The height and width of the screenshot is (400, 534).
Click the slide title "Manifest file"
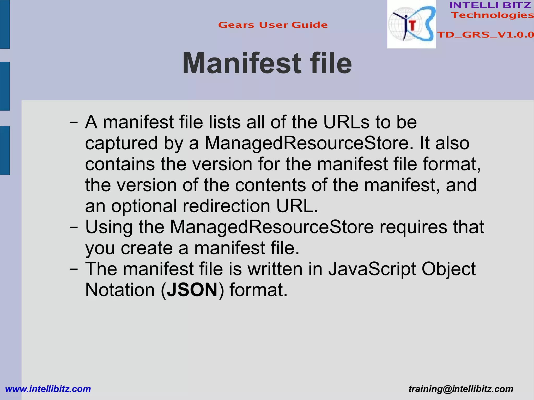[x=267, y=63]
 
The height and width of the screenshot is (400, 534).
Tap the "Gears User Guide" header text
[x=273, y=25]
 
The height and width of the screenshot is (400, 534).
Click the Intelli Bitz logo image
[x=411, y=24]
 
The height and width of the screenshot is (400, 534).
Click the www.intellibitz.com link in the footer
[x=48, y=389]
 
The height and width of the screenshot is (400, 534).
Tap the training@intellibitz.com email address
[x=461, y=389]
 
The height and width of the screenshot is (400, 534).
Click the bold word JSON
[x=192, y=290]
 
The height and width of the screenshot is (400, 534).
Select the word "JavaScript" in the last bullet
[x=372, y=269]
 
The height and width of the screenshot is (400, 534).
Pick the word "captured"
[x=122, y=143]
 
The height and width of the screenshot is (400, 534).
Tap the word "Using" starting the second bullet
[x=109, y=227]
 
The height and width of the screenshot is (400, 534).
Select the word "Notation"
[x=120, y=290]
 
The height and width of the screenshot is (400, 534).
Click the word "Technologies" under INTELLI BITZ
[x=492, y=15]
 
